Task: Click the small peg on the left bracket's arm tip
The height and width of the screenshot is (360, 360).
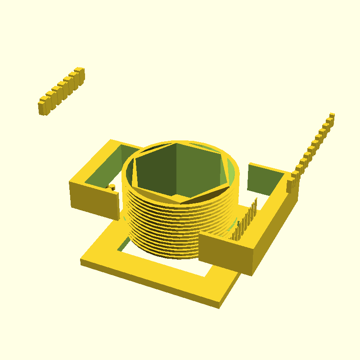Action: pos(111,186)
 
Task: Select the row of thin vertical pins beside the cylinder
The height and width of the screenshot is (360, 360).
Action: pos(245,220)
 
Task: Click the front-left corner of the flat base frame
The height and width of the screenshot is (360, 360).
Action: pos(82,261)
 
